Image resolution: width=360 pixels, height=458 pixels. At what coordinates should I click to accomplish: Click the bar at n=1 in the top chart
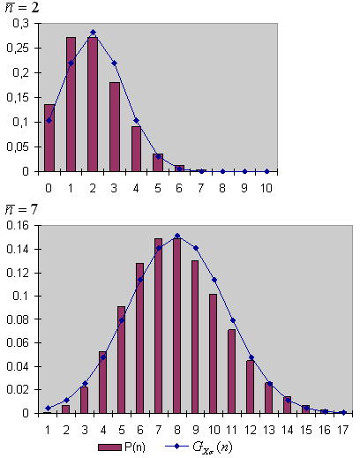tap(71, 104)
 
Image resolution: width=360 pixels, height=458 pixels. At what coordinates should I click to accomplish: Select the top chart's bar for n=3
tap(115, 127)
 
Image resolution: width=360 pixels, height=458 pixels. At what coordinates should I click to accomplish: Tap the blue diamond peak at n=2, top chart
tap(93, 32)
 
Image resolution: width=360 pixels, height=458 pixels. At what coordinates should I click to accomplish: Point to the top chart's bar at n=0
tap(49, 138)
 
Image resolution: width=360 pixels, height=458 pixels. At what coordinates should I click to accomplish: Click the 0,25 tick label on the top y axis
tap(18, 48)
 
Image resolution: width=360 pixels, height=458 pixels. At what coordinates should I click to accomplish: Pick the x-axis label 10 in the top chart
tap(266, 188)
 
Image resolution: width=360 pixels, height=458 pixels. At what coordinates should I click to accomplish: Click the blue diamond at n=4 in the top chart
tap(136, 121)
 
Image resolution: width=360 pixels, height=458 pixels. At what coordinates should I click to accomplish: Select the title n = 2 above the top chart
tap(22, 7)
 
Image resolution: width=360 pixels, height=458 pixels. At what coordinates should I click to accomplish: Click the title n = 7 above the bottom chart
tap(21, 209)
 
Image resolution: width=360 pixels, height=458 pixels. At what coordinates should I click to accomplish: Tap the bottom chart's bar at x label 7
tap(159, 326)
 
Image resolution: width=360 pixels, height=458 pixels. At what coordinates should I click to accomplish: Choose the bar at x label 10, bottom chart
tap(214, 354)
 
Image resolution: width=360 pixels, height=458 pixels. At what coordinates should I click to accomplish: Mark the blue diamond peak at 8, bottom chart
tap(177, 236)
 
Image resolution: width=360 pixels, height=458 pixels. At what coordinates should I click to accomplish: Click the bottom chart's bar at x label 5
tap(122, 360)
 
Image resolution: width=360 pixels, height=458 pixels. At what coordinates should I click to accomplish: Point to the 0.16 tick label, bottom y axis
tap(18, 226)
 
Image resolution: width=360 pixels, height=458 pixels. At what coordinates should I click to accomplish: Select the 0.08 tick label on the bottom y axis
tap(18, 319)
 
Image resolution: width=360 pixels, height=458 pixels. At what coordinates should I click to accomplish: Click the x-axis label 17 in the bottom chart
tap(343, 430)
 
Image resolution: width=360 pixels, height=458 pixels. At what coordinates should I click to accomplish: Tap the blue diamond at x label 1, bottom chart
tap(49, 408)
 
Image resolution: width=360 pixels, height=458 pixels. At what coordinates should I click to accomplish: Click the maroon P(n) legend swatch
tap(109, 447)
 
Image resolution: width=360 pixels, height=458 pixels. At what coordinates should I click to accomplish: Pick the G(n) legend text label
tap(213, 447)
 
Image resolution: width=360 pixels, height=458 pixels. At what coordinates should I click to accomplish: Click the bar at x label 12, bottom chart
tap(251, 387)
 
